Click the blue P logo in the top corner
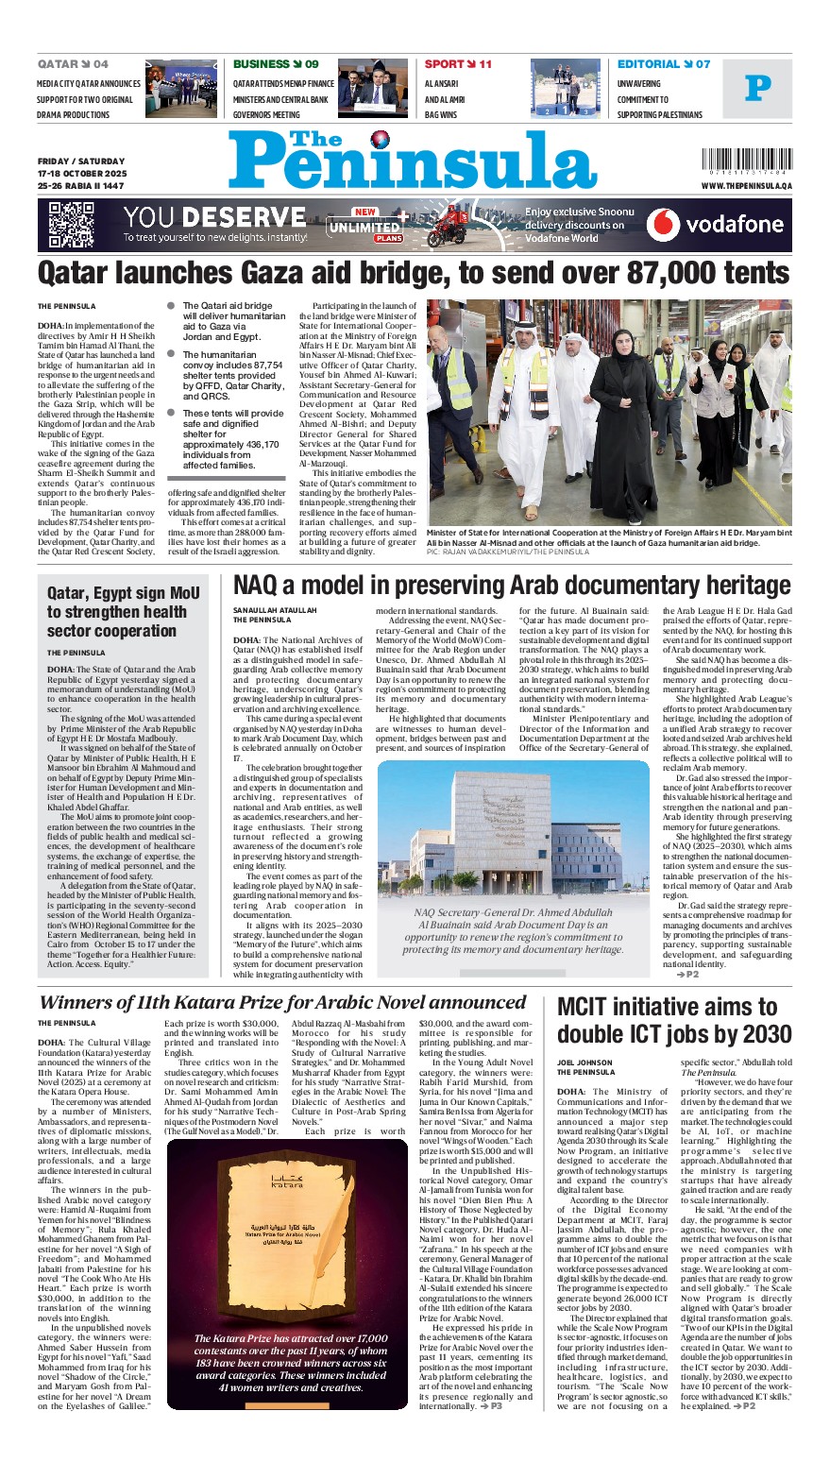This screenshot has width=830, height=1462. (757, 89)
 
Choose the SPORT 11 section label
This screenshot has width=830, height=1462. (458, 64)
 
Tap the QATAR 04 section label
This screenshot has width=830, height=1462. (73, 64)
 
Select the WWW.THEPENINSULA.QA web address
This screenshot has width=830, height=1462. (746, 186)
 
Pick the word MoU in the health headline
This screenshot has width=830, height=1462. (183, 593)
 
